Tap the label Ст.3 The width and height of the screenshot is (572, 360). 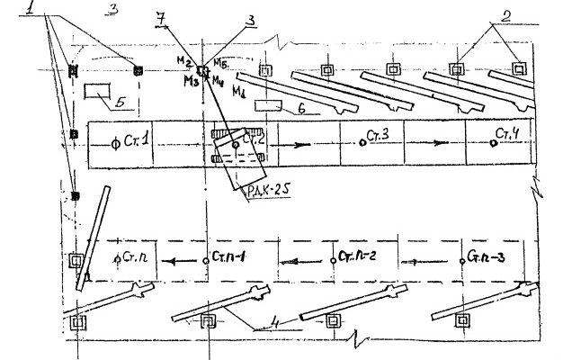click(x=378, y=135)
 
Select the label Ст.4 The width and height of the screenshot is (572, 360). click(x=507, y=135)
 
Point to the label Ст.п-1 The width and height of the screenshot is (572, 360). click(x=231, y=257)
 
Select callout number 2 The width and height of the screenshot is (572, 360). click(x=507, y=14)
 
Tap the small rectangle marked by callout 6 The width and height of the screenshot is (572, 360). click(x=268, y=105)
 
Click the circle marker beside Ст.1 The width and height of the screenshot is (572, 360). click(x=114, y=142)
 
